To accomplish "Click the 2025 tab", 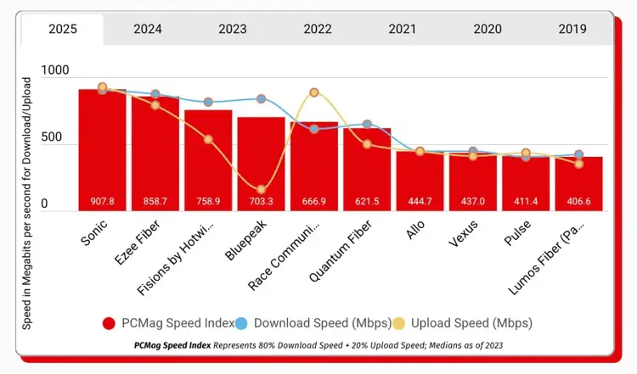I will [62, 29].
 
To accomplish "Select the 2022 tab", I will [317, 29].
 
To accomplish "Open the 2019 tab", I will [572, 29].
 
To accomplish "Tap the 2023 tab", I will [232, 29].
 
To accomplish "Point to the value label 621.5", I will [367, 202].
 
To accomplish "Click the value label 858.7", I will [155, 202].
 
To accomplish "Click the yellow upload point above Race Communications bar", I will [314, 92].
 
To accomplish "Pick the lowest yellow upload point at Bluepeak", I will [261, 189].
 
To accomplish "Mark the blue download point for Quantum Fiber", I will [367, 125].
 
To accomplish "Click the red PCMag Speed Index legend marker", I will [109, 322].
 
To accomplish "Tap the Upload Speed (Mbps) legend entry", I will [464, 322].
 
